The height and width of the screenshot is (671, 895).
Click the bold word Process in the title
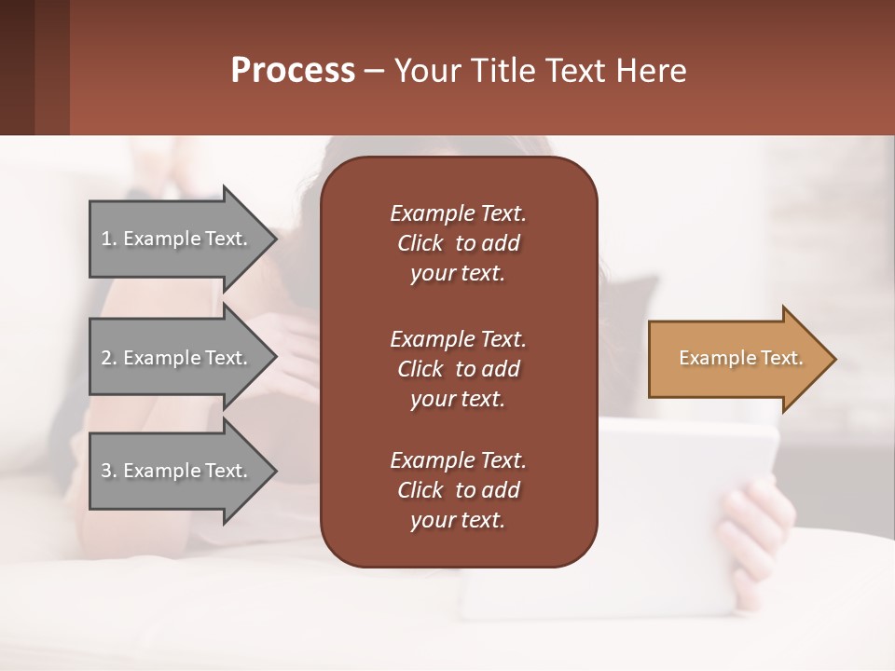pyautogui.click(x=293, y=70)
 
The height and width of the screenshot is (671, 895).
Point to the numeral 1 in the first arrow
pyautogui.click(x=106, y=239)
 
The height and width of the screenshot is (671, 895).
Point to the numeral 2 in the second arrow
pyautogui.click(x=106, y=358)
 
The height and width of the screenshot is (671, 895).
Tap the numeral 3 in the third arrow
pyautogui.click(x=106, y=471)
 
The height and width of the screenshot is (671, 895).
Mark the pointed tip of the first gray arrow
pyautogui.click(x=273, y=239)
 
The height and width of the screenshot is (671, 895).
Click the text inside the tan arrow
pyautogui.click(x=741, y=358)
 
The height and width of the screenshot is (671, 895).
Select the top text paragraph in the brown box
pyautogui.click(x=458, y=243)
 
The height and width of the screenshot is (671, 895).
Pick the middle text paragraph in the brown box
pyautogui.click(x=458, y=368)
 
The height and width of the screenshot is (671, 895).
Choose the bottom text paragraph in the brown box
pyautogui.click(x=458, y=490)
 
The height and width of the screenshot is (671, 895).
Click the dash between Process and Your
pyautogui.click(x=375, y=72)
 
